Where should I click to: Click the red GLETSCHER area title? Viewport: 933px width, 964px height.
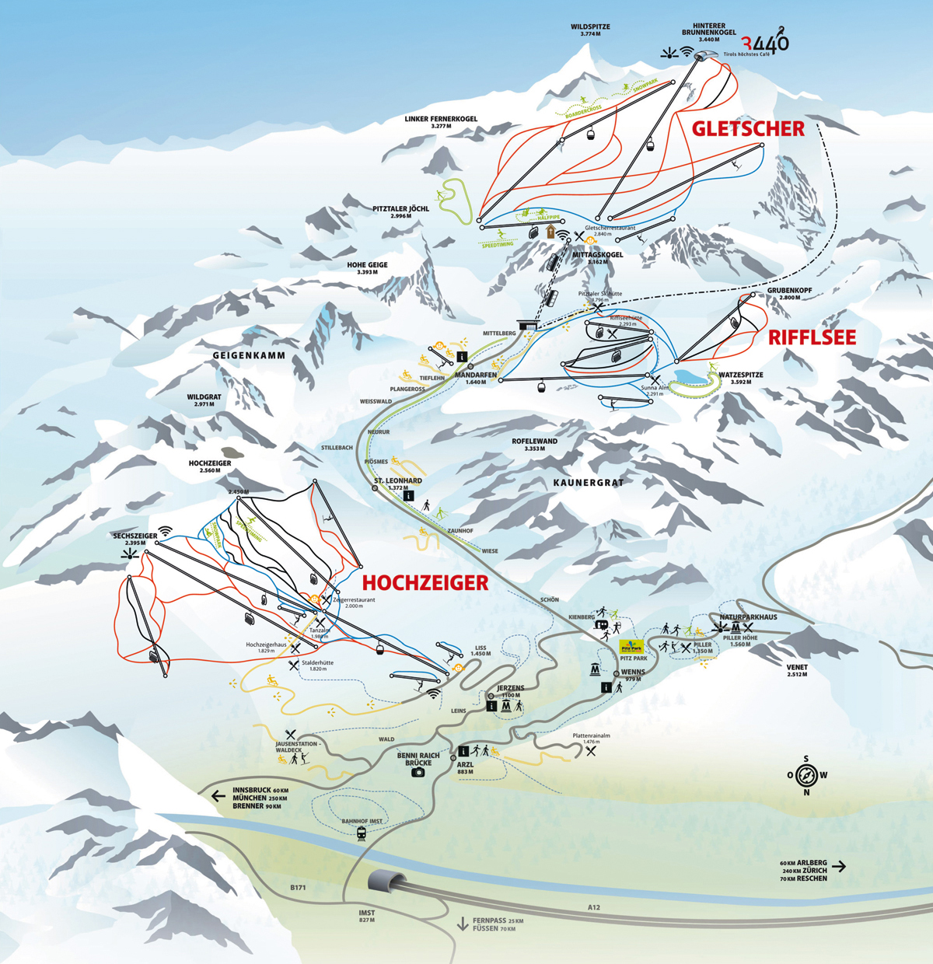point(748,129)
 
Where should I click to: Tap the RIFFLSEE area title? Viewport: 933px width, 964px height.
point(812,337)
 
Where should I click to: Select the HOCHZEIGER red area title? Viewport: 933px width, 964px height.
point(425,582)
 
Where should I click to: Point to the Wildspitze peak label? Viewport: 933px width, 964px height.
point(590,30)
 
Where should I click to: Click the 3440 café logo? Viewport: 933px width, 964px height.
point(765,42)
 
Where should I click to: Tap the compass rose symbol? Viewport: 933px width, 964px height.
point(807,775)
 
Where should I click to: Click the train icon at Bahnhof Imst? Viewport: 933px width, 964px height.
point(362,834)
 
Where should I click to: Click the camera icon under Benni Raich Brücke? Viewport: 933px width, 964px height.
point(418,773)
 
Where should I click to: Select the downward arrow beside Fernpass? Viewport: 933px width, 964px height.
point(463,924)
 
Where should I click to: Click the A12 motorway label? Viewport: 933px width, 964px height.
point(594,907)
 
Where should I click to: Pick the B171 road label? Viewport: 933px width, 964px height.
point(299,888)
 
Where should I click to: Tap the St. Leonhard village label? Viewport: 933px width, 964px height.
point(397,481)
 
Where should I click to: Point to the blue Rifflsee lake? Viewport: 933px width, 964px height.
point(691,378)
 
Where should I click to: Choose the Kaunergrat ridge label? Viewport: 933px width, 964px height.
point(589,483)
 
